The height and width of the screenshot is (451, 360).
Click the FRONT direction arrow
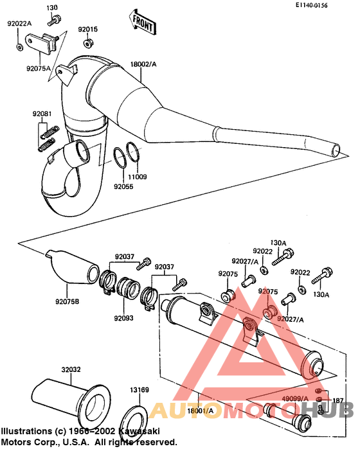(142, 22)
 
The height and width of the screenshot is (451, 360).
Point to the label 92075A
(39, 67)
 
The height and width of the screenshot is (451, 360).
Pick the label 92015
(88, 30)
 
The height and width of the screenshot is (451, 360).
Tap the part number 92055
(123, 186)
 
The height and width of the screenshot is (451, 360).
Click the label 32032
(71, 369)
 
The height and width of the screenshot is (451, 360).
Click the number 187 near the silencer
(337, 400)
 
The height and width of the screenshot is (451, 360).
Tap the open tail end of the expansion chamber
(335, 150)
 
